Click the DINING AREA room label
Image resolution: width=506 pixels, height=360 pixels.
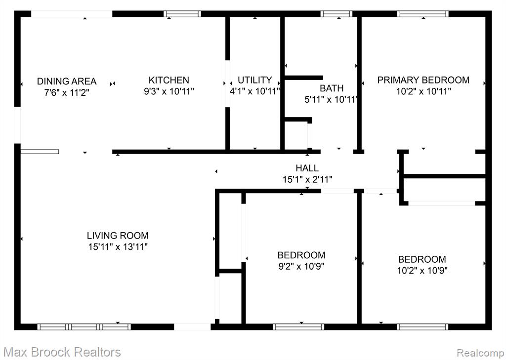pyautogui.click(x=67, y=81)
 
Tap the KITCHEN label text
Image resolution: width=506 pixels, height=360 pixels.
pyautogui.click(x=169, y=80)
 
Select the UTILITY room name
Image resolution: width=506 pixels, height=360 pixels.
pyautogui.click(x=254, y=80)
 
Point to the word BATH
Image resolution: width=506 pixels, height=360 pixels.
pyautogui.click(x=332, y=88)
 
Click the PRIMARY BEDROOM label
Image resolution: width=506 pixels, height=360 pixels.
pyautogui.click(x=423, y=80)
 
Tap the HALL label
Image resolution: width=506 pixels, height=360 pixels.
pyautogui.click(x=307, y=168)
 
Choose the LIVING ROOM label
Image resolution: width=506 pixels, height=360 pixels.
pyautogui.click(x=118, y=236)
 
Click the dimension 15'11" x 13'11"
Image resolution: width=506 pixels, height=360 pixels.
pyautogui.click(x=118, y=247)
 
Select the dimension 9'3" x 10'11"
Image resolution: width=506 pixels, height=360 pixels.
pyautogui.click(x=169, y=92)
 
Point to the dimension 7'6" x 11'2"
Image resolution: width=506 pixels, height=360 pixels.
pyautogui.click(x=67, y=93)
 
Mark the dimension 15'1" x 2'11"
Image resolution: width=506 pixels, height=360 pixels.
pyautogui.click(x=307, y=179)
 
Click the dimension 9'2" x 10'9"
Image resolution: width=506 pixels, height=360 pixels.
pyautogui.click(x=301, y=267)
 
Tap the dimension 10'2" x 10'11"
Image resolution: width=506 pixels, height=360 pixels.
pyautogui.click(x=423, y=92)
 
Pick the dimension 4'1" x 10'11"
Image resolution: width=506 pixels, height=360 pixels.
pyautogui.click(x=254, y=92)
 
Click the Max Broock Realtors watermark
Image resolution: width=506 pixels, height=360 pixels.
pyautogui.click(x=63, y=352)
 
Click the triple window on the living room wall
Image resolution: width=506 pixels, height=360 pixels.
pyautogui.click(x=84, y=327)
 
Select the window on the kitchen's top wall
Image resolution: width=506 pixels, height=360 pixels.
pyautogui.click(x=182, y=14)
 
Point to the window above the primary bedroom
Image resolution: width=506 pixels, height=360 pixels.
pyautogui.click(x=423, y=14)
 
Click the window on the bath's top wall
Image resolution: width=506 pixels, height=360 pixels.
pyautogui.click(x=336, y=14)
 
